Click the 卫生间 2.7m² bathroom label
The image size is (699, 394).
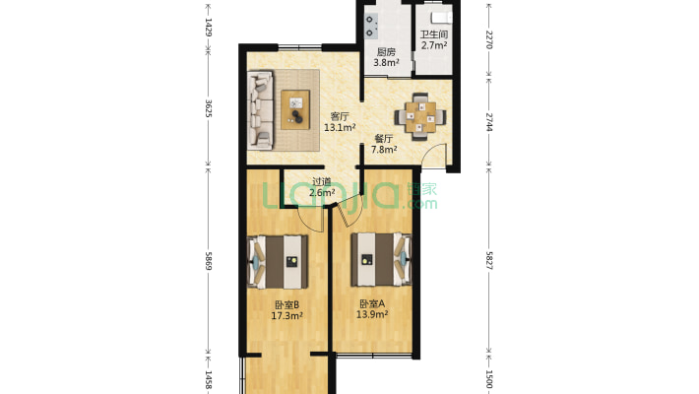pos(434,39)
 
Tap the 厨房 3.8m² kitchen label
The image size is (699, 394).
pos(386,57)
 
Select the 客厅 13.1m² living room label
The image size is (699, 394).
pos(340,122)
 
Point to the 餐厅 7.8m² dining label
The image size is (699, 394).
pos(384,144)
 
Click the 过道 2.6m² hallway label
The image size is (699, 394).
pos(322,187)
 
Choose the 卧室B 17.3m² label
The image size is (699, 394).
pos(287,310)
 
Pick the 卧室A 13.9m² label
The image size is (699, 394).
pos(372,309)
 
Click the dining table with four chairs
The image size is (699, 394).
pos(420,117)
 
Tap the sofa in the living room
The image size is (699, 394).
pos(260,109)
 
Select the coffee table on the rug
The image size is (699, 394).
pos(295,109)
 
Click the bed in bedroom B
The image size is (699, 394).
pos(278,261)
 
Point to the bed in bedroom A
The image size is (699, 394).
pos(381,259)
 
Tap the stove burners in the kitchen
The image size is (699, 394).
pos(371,26)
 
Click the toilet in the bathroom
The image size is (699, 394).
pos(441,18)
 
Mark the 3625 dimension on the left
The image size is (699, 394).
pos(208,108)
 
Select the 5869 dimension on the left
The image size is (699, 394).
pos(208,261)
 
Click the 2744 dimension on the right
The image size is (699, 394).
pos(489,122)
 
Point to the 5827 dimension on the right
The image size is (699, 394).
pos(489,260)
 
